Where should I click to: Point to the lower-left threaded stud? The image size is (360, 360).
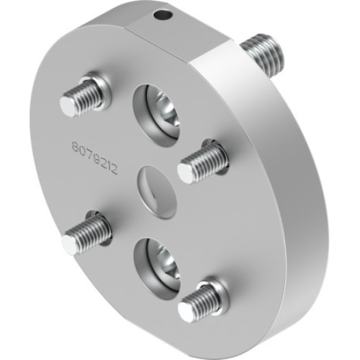86,234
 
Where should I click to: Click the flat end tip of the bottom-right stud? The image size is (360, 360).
186,312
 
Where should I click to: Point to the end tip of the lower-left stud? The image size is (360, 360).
70,245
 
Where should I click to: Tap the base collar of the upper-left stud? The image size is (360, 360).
101,87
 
